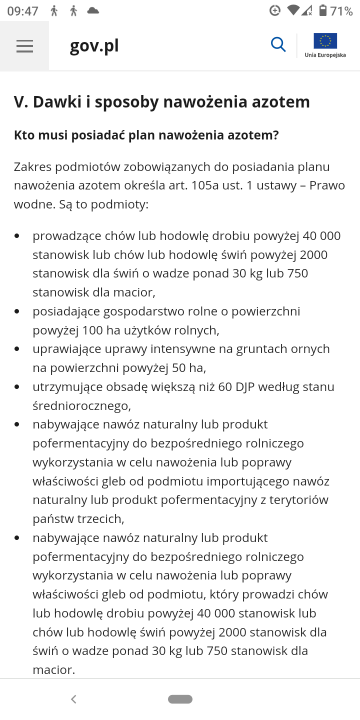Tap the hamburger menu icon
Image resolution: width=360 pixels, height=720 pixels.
pyautogui.click(x=25, y=46)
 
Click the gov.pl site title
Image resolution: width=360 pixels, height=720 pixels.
pyautogui.click(x=95, y=46)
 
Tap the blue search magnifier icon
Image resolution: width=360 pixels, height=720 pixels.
pyautogui.click(x=278, y=45)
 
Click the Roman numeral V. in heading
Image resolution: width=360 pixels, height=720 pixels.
pyautogui.click(x=20, y=102)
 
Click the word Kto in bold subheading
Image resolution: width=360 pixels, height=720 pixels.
pyautogui.click(x=27, y=135)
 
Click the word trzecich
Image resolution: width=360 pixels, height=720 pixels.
pyautogui.click(x=104, y=518)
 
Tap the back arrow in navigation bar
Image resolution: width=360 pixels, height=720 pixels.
pyautogui.click(x=73, y=699)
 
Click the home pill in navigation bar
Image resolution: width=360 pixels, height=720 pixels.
pyautogui.click(x=180, y=699)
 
